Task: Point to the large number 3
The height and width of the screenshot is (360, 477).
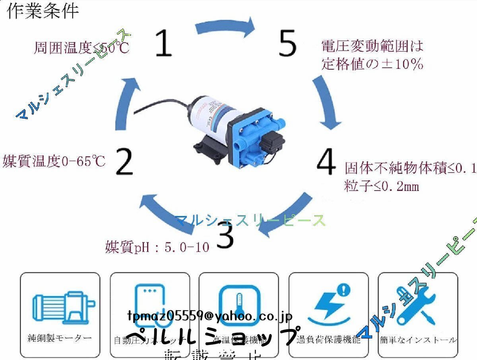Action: point(226,235)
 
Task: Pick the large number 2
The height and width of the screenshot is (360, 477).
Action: point(125,162)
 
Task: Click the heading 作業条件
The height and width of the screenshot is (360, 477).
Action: point(43,11)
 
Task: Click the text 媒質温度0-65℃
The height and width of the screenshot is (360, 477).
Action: point(54,162)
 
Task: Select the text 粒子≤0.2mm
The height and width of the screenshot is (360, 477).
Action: point(382,186)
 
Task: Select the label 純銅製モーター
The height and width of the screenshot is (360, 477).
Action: point(60,338)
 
